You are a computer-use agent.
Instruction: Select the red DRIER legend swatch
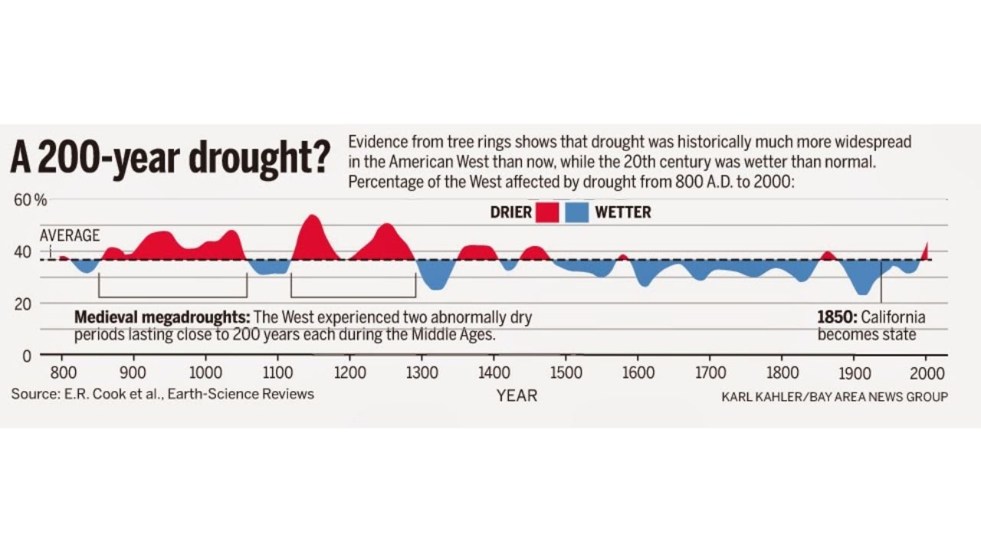point(547,212)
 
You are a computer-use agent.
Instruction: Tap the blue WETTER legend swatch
point(576,212)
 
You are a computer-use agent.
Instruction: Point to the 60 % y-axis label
point(30,201)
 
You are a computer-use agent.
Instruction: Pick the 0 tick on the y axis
point(25,356)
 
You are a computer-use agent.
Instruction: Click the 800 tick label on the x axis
point(63,373)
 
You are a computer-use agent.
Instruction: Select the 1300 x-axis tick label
point(422,373)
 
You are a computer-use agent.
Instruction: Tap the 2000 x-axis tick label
point(925,373)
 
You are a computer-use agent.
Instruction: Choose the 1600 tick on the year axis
point(638,373)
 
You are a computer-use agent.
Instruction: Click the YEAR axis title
point(517,396)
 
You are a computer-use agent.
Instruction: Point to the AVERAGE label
point(70,235)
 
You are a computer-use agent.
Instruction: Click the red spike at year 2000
point(926,251)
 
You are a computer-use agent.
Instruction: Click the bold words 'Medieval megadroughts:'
point(162,317)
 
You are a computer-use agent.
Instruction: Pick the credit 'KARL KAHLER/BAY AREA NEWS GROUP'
point(834,396)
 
